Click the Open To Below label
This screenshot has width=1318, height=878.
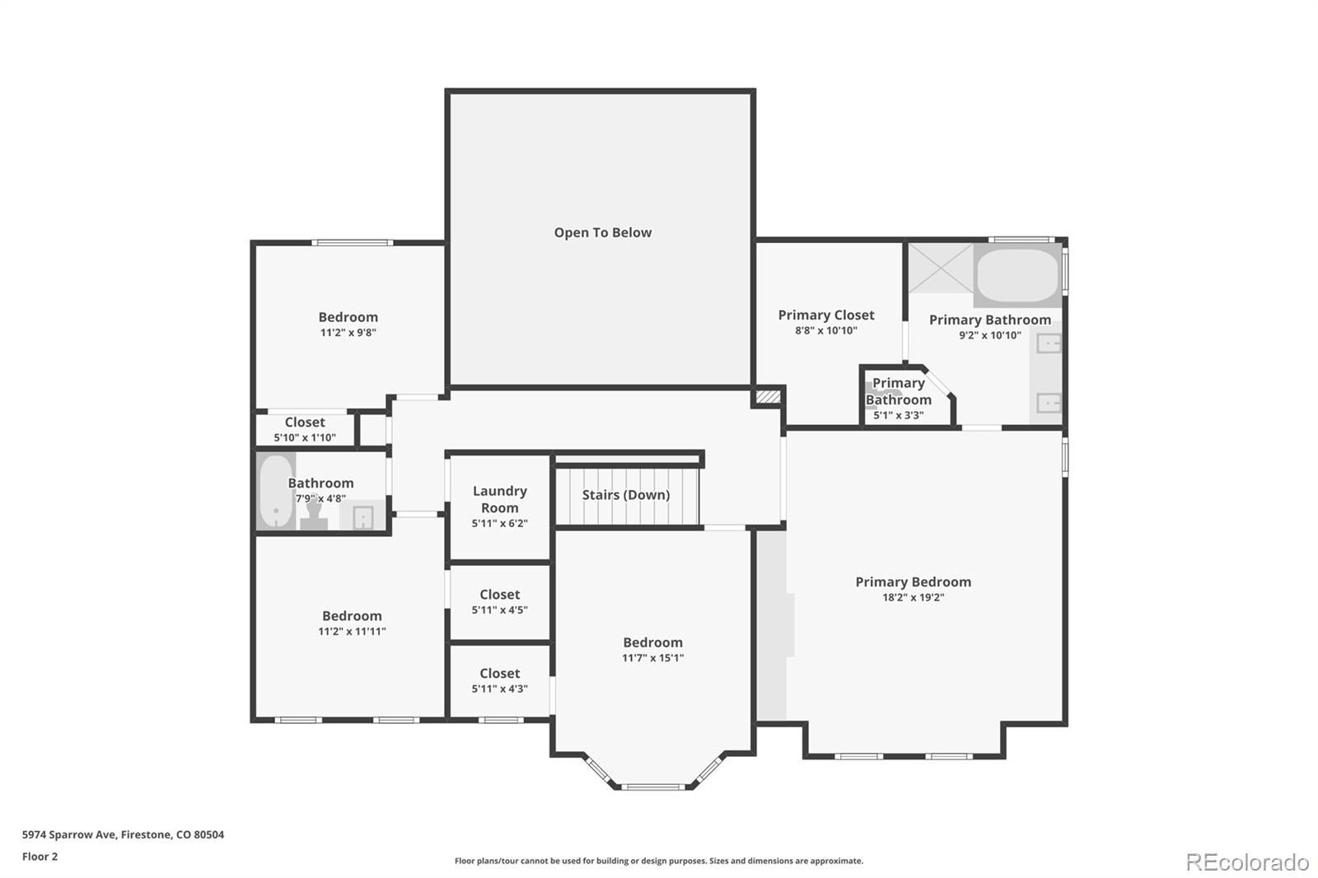602,232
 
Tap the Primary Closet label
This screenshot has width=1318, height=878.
826,315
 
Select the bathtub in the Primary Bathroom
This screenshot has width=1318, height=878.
1017,275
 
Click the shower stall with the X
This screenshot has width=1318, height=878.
941,269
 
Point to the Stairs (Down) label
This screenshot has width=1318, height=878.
626,495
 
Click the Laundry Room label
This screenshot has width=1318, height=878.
499,499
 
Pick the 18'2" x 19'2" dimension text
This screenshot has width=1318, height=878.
914,597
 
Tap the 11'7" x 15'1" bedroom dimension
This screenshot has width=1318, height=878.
652,658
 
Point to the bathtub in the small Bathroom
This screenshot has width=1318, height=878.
276,492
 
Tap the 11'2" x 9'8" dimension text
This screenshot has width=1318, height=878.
348,333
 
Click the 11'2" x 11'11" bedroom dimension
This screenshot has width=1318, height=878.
352,632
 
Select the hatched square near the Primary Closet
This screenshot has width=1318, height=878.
768,397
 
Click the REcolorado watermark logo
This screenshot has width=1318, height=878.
1247,862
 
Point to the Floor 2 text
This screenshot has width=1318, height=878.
40,857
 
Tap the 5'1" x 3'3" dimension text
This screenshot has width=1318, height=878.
899,415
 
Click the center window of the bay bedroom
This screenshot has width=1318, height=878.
653,787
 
